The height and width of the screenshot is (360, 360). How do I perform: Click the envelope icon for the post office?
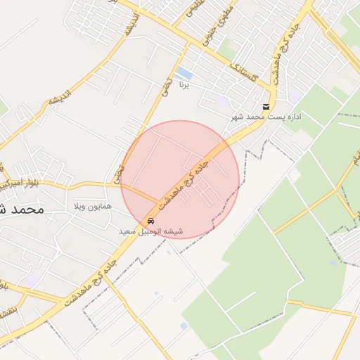tap(266, 107)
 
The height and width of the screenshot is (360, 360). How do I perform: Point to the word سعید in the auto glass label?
tap(127, 231)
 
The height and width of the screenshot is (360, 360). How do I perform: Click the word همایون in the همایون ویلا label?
tap(95, 207)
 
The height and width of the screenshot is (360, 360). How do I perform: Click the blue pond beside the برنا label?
tap(184, 73)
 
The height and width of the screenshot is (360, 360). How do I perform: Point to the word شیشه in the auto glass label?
tap(173, 231)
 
